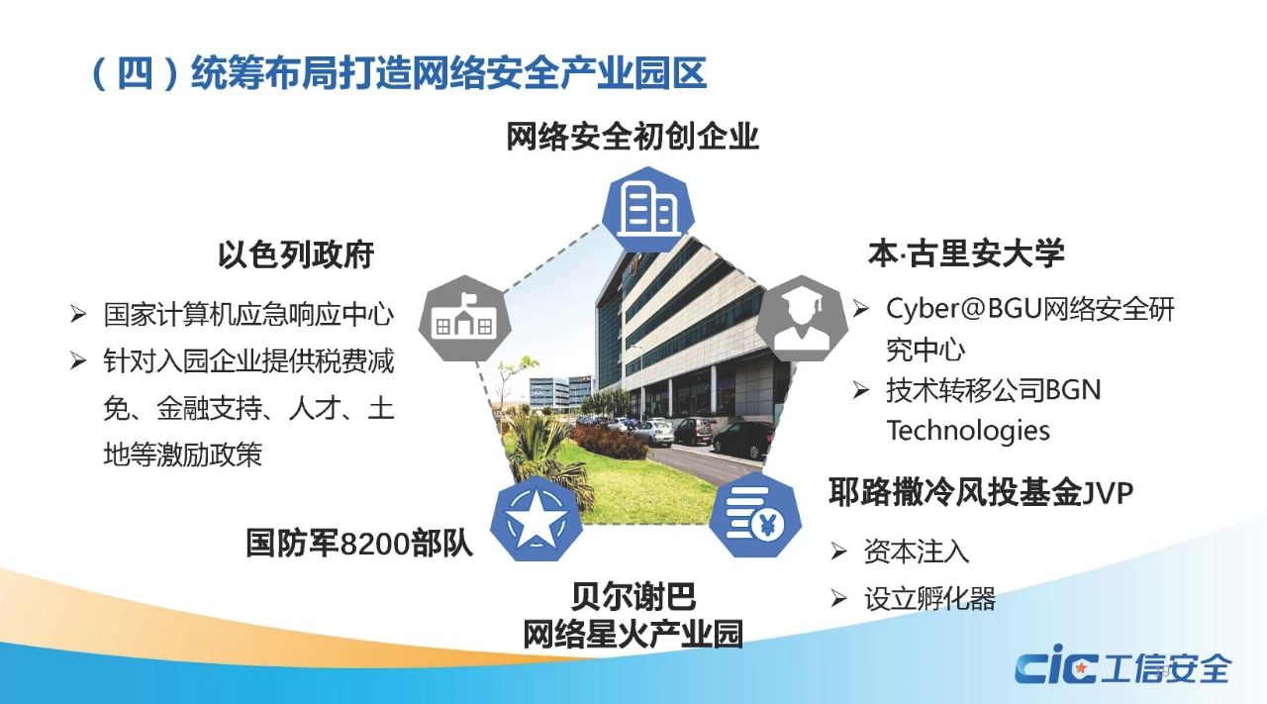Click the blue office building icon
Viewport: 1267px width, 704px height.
pyautogui.click(x=648, y=209)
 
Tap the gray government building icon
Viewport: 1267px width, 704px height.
pyautogui.click(x=465, y=319)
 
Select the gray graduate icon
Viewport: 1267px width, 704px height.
pyautogui.click(x=802, y=319)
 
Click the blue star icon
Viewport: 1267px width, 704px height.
pyautogui.click(x=536, y=519)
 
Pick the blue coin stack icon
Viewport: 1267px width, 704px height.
pyautogui.click(x=755, y=515)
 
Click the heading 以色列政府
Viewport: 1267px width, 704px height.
pyautogui.click(x=296, y=254)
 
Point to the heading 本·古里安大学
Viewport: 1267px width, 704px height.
pyautogui.click(x=966, y=252)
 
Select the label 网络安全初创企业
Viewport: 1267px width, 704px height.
pyautogui.click(x=633, y=137)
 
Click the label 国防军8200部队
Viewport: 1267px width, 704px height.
pyautogui.click(x=359, y=544)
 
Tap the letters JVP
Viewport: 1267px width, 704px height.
pyautogui.click(x=1109, y=493)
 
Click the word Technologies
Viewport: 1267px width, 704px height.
pyautogui.click(x=968, y=431)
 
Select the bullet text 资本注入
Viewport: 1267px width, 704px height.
pyautogui.click(x=917, y=552)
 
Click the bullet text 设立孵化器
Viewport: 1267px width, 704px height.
pyautogui.click(x=929, y=599)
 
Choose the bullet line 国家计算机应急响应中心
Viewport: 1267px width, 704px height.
pyautogui.click(x=248, y=314)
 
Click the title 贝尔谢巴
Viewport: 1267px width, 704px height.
pyautogui.click(x=633, y=596)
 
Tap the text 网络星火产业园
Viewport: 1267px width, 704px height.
pyautogui.click(x=633, y=635)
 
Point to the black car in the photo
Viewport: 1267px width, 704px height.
pyautogui.click(x=744, y=440)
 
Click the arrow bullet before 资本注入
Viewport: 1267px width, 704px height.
pyautogui.click(x=838, y=552)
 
